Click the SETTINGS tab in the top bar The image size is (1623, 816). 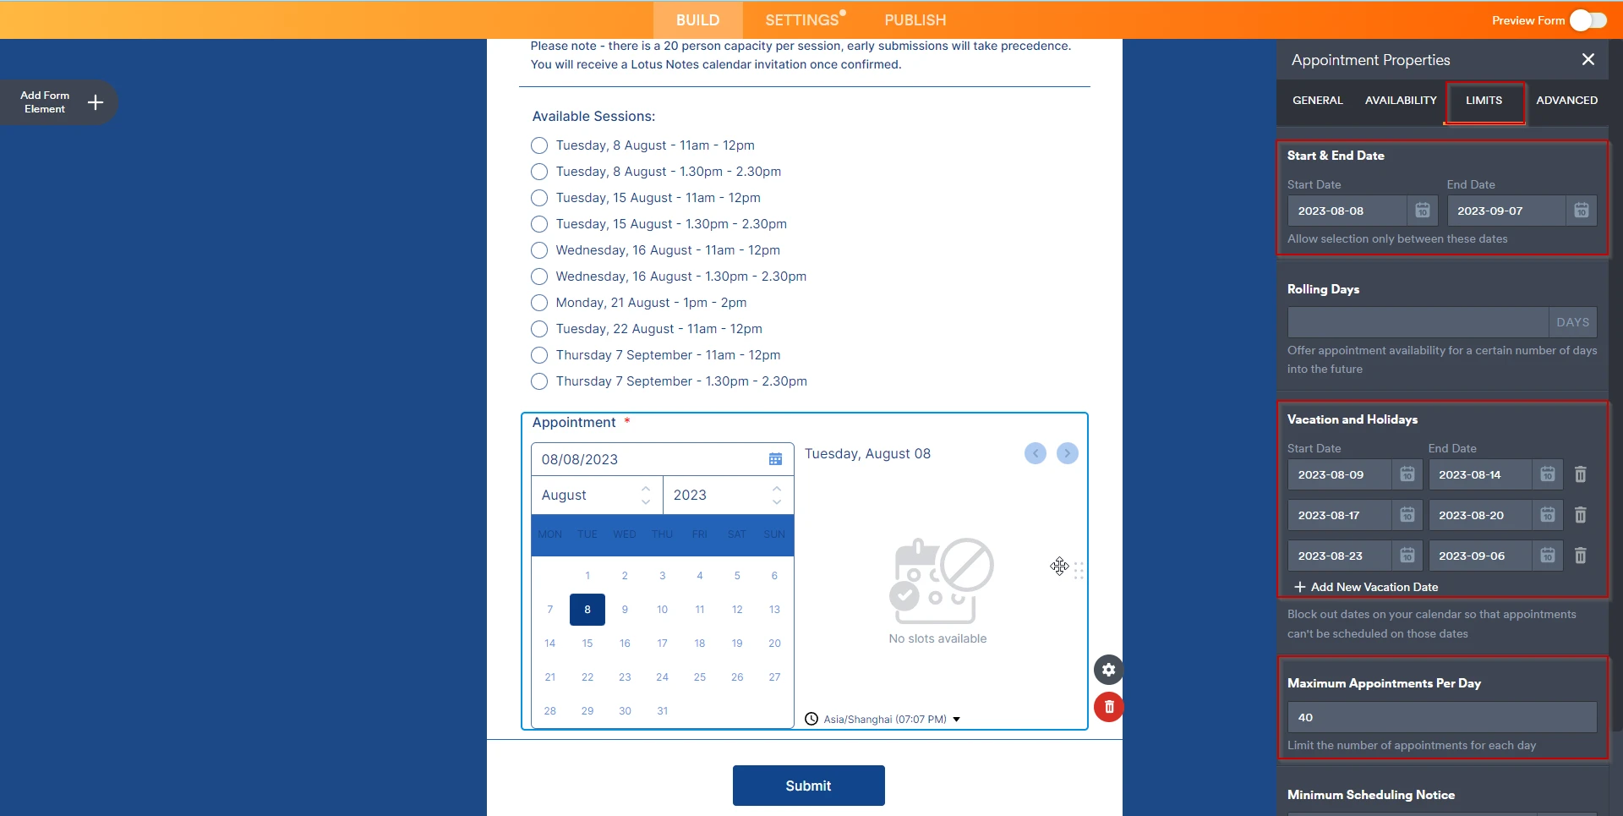(801, 20)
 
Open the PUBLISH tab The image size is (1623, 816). (915, 20)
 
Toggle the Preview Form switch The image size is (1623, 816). (1587, 20)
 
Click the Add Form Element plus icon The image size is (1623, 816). (96, 102)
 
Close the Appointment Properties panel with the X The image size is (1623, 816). (1587, 59)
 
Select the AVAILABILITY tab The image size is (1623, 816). (1400, 101)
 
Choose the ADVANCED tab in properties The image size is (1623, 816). (1566, 101)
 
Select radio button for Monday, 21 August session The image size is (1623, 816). (539, 303)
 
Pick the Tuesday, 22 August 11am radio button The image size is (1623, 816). (539, 329)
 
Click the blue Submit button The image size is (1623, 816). (808, 786)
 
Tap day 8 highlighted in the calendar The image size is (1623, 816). (587, 610)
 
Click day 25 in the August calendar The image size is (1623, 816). (699, 677)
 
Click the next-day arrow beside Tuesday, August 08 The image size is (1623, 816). (1067, 454)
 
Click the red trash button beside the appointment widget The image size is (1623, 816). (1109, 707)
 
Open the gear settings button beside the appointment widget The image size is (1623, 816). (1108, 670)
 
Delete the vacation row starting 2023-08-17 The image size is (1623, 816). (1580, 515)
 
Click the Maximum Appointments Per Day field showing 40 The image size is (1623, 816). (1440, 717)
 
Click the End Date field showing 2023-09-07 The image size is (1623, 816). (1506, 211)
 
